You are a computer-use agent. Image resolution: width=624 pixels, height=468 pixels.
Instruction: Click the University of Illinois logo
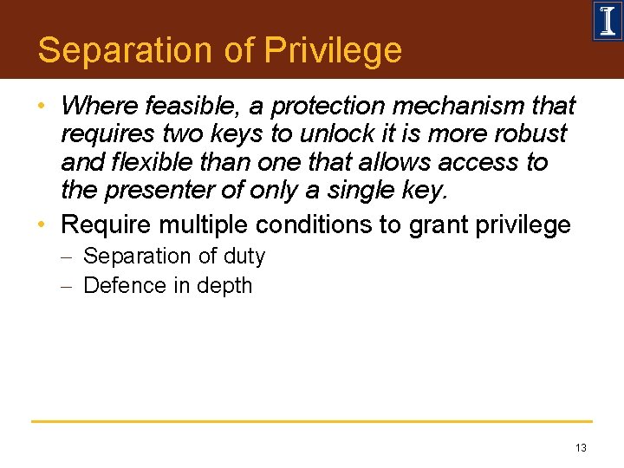(607, 21)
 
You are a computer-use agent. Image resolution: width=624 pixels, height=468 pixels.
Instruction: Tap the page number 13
(580, 448)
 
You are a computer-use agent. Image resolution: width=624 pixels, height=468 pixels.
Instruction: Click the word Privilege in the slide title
(333, 50)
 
